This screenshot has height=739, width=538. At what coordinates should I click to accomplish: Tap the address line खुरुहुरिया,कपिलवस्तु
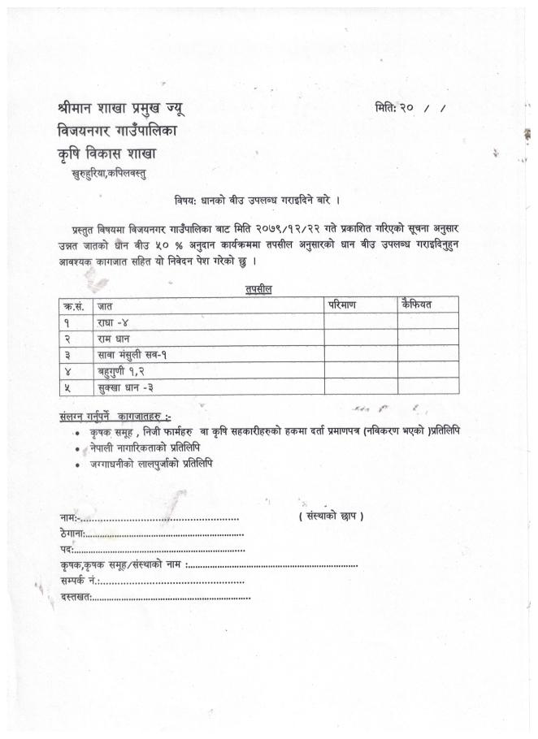pyautogui.click(x=110, y=172)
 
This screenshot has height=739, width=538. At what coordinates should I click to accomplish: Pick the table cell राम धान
pyautogui.click(x=115, y=338)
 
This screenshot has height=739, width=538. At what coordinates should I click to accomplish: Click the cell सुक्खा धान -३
pyautogui.click(x=124, y=387)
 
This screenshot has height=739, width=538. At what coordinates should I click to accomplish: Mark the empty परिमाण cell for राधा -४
pyautogui.click(x=360, y=322)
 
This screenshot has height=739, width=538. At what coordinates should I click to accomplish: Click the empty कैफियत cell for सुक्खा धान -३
pyautogui.click(x=427, y=387)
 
